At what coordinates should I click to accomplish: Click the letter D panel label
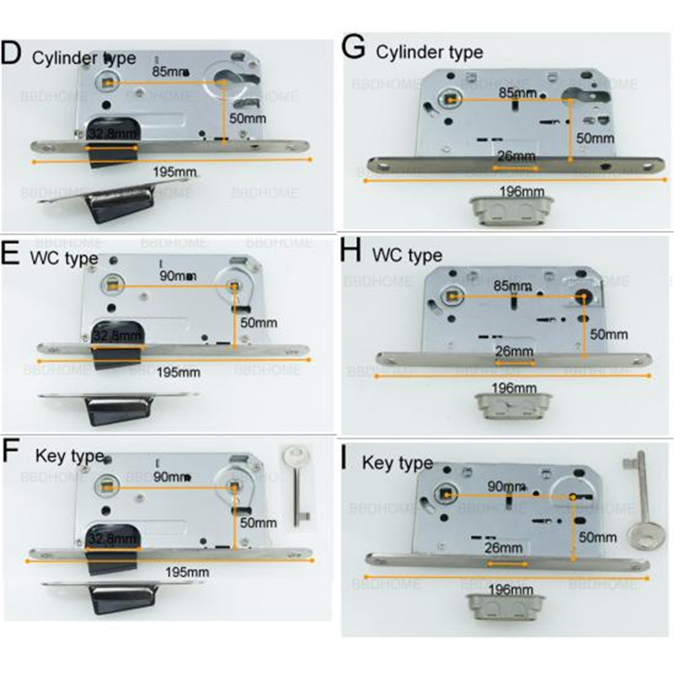[x=12, y=53]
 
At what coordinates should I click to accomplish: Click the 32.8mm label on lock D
[x=115, y=133]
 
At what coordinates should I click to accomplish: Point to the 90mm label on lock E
[x=179, y=275]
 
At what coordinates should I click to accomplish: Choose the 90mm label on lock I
[x=506, y=486]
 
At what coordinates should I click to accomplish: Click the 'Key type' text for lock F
[x=69, y=456]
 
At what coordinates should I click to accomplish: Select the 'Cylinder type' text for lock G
[x=430, y=52]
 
